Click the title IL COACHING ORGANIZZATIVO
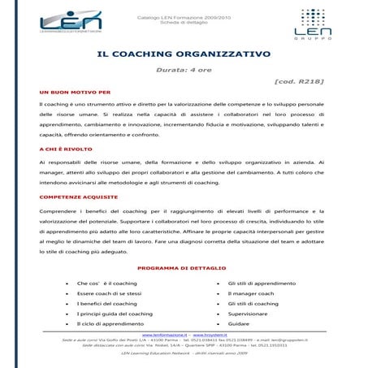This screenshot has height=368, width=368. pos(184,54)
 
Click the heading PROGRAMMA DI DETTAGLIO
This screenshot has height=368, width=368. pos(184,267)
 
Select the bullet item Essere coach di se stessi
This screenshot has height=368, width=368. pos(109,293)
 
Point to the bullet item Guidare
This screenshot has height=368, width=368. pos(239,323)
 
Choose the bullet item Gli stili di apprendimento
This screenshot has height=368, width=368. pos(262,283)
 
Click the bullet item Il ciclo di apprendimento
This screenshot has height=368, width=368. pos(110,323)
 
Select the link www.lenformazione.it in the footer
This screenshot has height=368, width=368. pos(165,334)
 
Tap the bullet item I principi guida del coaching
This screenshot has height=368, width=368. pos(115,314)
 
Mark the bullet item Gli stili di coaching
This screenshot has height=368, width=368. pos(253,303)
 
